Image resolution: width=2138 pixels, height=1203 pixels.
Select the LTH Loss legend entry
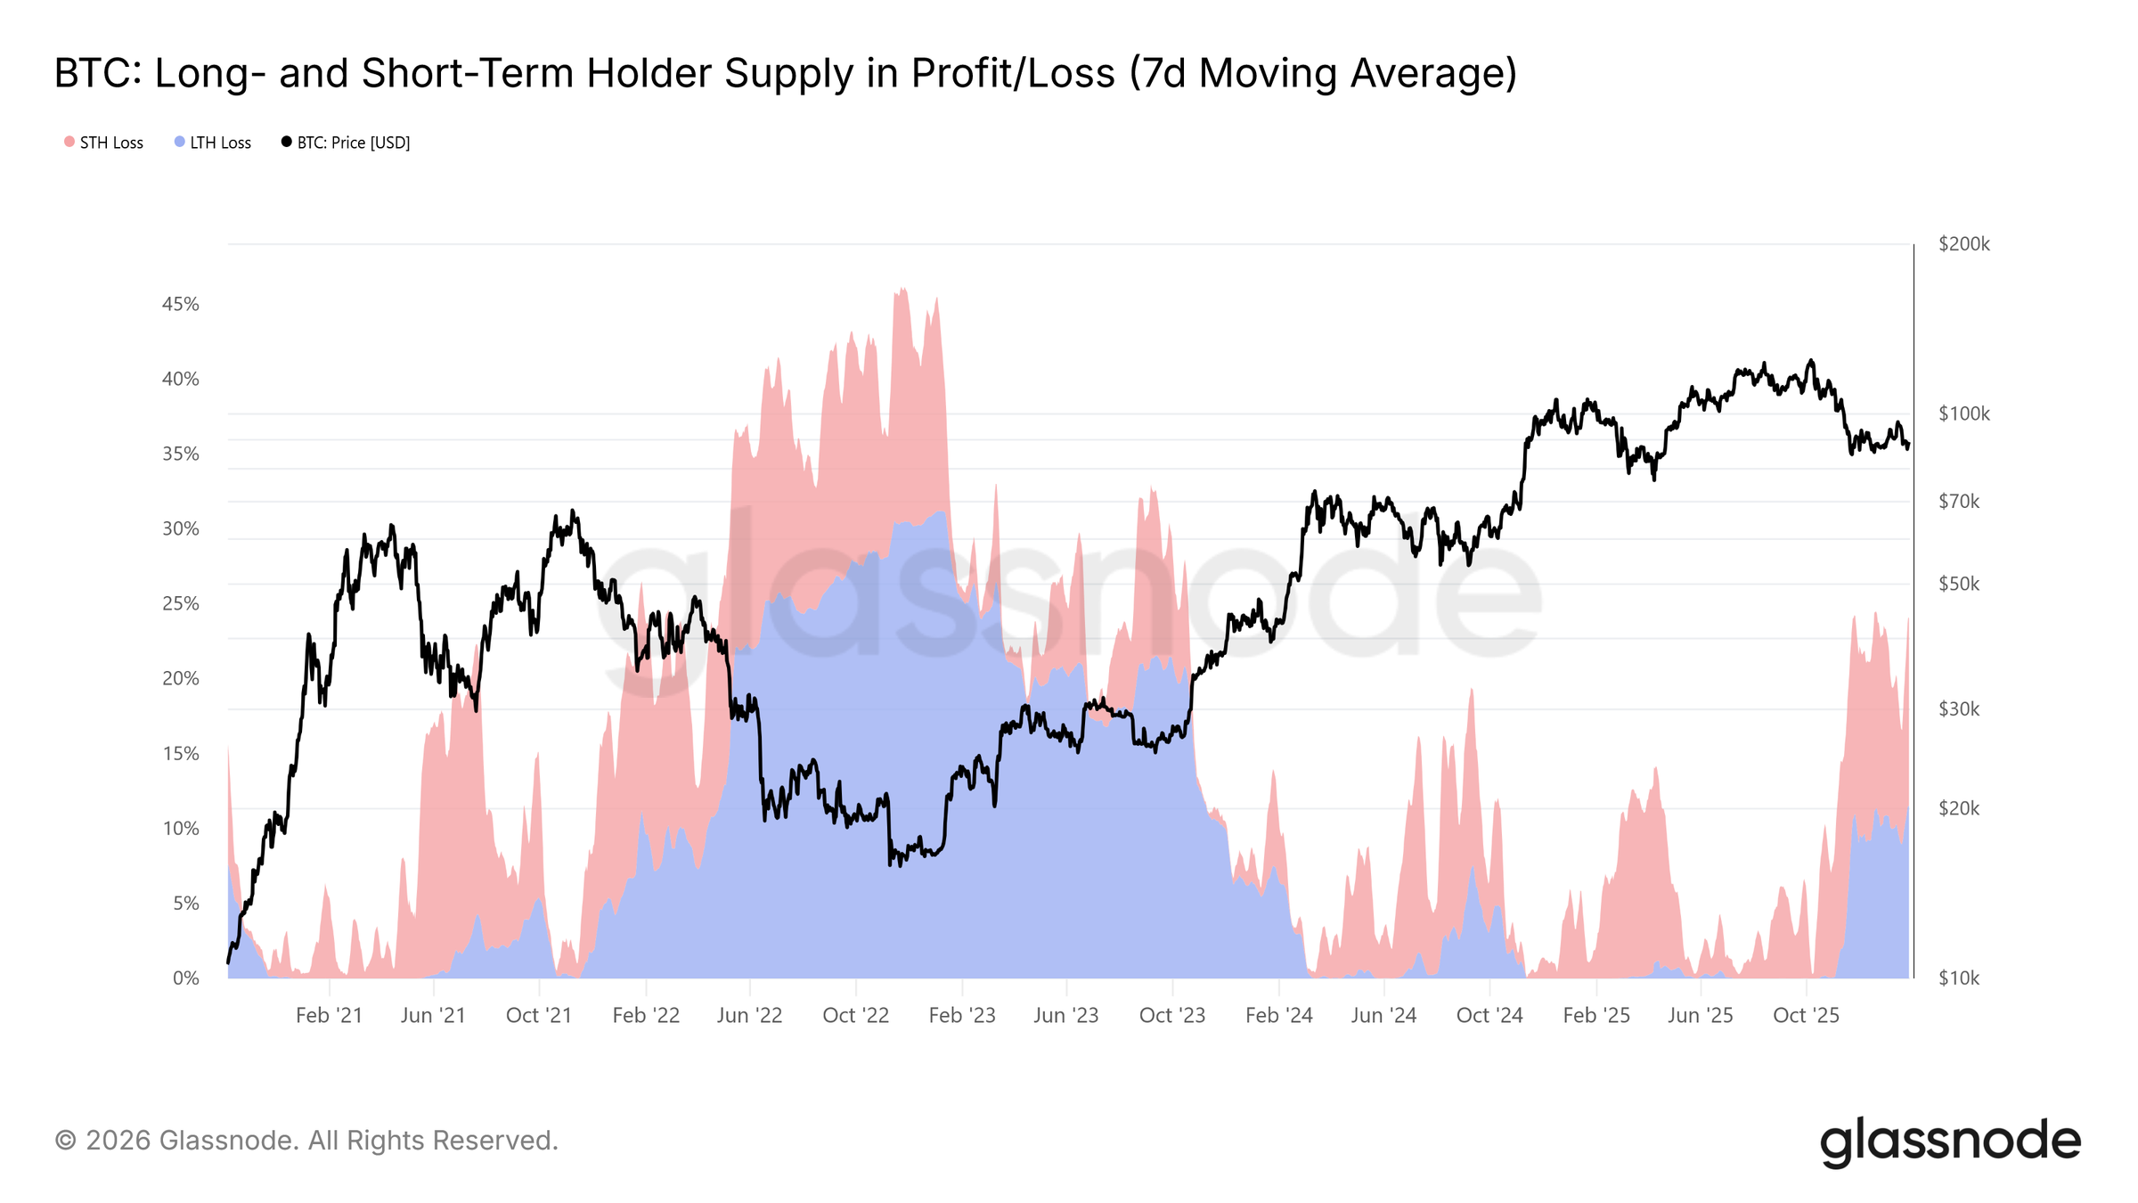(213, 143)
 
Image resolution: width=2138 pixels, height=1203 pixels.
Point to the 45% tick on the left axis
(180, 304)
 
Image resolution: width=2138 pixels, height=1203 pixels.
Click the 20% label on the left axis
(180, 678)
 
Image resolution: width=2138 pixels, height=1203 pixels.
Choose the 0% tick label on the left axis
(185, 978)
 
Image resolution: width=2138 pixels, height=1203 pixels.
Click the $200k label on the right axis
(1963, 244)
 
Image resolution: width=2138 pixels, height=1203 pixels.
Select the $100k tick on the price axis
(1963, 413)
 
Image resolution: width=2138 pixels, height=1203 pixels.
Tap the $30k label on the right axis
(1959, 709)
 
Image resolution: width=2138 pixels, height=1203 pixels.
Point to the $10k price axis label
(1959, 978)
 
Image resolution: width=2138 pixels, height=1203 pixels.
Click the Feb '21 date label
(329, 1015)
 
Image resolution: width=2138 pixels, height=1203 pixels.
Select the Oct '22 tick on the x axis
(855, 1015)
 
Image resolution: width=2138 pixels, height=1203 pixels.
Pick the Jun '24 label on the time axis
(1383, 1015)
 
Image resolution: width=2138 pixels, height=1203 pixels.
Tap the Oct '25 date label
(1806, 1015)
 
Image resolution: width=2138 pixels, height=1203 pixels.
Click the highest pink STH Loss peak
(902, 289)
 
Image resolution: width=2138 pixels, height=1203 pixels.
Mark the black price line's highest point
(1810, 361)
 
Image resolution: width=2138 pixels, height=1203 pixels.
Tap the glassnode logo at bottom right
(1950, 1142)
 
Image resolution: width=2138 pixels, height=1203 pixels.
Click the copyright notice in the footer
(306, 1141)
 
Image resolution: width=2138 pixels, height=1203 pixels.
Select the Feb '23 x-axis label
(961, 1015)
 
